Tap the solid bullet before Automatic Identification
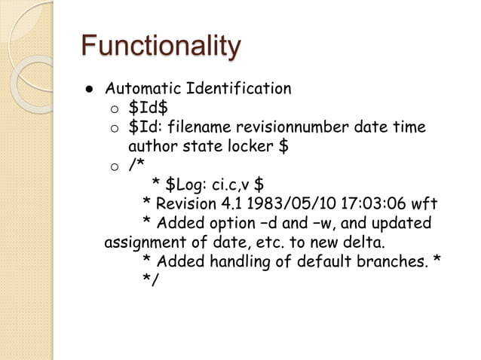click(88, 90)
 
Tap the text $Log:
click(185, 185)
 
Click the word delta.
click(361, 243)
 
